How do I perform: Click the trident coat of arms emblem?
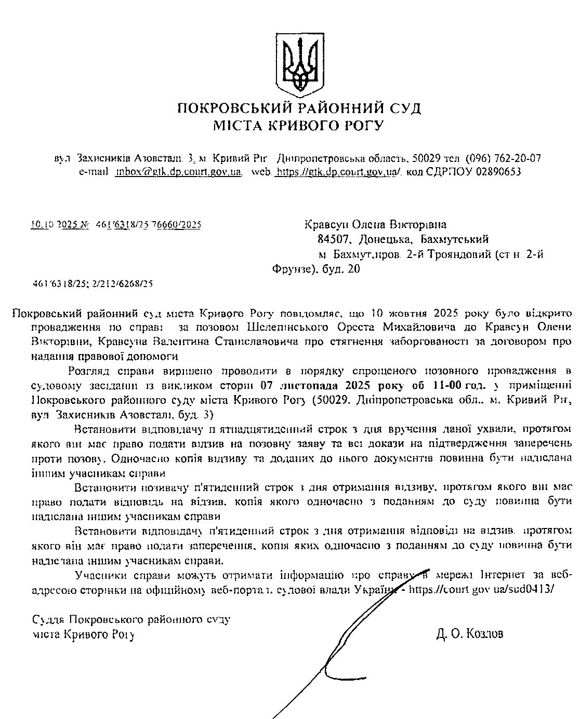299,63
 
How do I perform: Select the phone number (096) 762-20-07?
503,158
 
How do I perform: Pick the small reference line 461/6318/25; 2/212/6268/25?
93,284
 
